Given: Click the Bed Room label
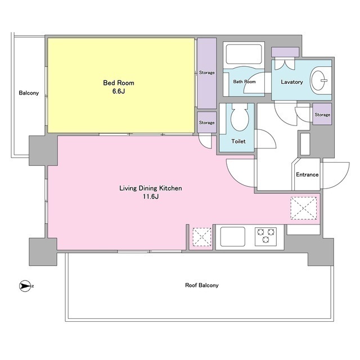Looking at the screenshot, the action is tap(119, 83).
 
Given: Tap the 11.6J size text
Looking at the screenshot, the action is tap(151, 196).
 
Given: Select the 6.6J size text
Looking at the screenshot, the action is tap(119, 91).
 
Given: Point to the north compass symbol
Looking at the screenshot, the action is tap(25, 286).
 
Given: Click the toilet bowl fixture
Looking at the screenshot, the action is tap(240, 118).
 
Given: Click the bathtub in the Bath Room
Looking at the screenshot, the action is tap(244, 55).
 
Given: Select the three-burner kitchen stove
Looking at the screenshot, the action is tap(265, 236).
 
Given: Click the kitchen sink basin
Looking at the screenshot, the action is tap(232, 237).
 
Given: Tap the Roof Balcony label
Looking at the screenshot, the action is tap(201, 285).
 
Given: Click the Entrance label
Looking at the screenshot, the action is tap(307, 174).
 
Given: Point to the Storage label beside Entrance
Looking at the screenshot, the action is tap(322, 115).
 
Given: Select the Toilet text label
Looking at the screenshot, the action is tap(238, 141).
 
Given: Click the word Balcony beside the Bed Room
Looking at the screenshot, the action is tap(29, 93).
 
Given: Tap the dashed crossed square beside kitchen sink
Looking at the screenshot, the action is tap(202, 237).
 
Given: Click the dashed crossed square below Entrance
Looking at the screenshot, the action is tap(304, 208).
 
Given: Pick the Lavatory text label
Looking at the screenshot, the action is tap(292, 82).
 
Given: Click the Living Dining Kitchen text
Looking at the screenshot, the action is tap(151, 188).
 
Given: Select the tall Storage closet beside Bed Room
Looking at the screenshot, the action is tap(207, 73).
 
